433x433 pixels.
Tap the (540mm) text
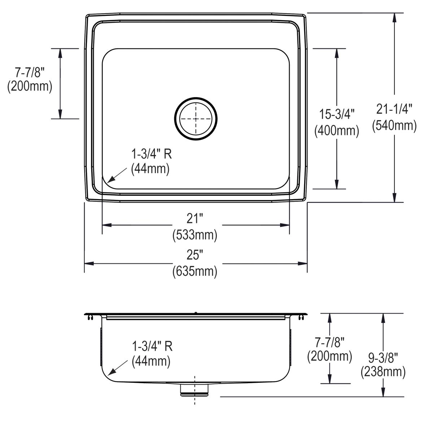tap(394, 125)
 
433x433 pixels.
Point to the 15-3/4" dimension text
tap(336, 114)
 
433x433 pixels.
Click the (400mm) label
tap(337, 131)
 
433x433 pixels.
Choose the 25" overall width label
tap(195, 255)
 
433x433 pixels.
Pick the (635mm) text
tap(195, 271)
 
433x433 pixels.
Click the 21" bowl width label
tap(195, 218)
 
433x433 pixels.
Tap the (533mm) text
tap(195, 235)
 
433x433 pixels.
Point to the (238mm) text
tap(383, 372)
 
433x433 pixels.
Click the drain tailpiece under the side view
tap(195, 390)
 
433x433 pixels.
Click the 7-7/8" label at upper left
tap(29, 73)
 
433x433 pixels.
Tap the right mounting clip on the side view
tap(301, 317)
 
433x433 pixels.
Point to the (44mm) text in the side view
tap(151, 361)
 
